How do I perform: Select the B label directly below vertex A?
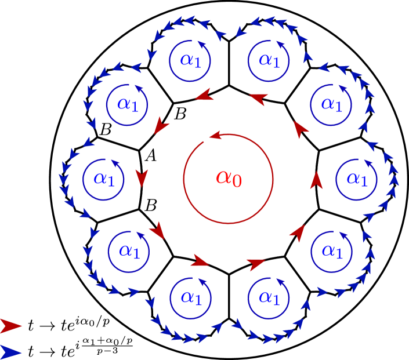(150, 205)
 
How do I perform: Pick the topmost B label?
(180, 115)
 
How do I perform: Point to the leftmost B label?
(106, 130)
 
